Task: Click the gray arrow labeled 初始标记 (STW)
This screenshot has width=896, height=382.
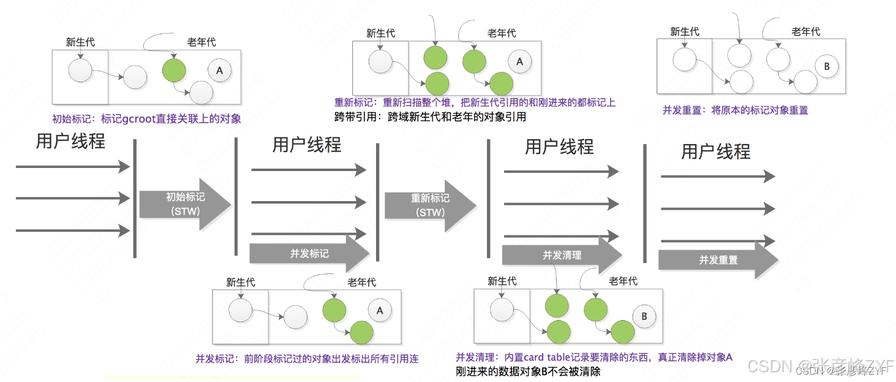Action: [184, 204]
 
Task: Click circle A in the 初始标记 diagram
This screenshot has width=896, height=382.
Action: [219, 71]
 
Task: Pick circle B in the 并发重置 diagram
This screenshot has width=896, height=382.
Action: [826, 67]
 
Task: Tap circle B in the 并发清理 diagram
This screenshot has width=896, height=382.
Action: [644, 316]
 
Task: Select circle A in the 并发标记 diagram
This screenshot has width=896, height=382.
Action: [380, 311]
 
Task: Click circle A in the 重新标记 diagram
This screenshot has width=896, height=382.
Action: [520, 61]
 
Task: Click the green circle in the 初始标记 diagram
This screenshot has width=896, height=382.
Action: [173, 71]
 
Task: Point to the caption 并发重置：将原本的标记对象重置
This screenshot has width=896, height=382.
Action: [735, 110]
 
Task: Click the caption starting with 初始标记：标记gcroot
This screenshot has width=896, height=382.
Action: [147, 119]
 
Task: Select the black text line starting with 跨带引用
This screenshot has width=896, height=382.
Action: [429, 117]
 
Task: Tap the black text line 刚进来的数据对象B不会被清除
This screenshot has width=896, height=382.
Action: [528, 372]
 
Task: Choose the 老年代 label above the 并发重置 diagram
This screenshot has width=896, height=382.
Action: [805, 32]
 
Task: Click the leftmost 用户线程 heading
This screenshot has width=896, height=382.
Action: [71, 141]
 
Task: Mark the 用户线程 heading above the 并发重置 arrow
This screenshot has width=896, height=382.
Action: [716, 151]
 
